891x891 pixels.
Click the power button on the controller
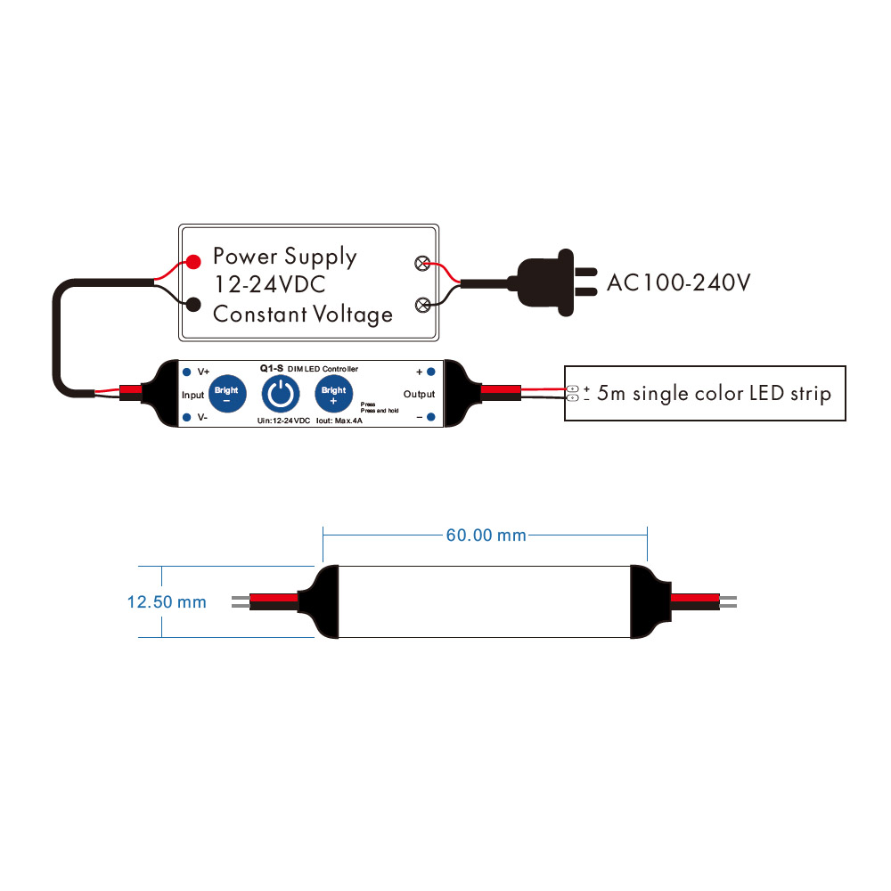(x=281, y=394)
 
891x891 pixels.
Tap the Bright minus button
(x=226, y=394)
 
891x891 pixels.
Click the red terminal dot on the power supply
(x=192, y=262)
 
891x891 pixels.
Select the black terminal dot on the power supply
(x=192, y=306)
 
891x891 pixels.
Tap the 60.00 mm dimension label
(x=486, y=535)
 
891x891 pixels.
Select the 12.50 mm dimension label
(x=167, y=602)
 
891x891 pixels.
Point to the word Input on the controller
(x=192, y=394)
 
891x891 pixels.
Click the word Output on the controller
(x=419, y=394)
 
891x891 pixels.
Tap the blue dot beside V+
(x=186, y=371)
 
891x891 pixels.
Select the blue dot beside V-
(x=186, y=417)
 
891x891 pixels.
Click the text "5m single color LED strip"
(x=714, y=393)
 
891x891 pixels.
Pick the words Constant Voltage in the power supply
(x=303, y=314)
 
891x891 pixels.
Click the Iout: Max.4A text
(x=339, y=420)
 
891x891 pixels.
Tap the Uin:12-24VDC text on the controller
(x=283, y=420)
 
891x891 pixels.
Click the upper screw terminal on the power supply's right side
(x=422, y=264)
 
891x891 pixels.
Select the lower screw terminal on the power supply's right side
(x=422, y=307)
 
